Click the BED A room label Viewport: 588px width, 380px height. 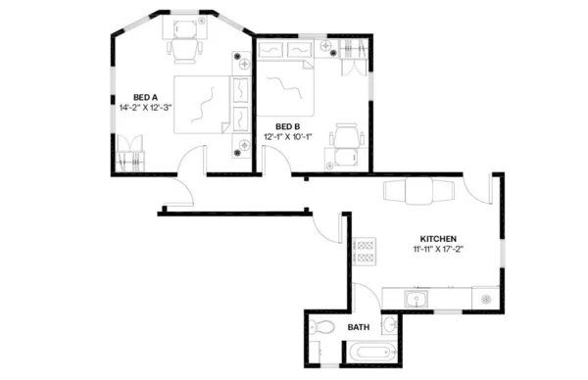pos(146,97)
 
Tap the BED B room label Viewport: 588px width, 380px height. pos(288,126)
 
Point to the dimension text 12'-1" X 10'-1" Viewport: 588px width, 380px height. pos(288,137)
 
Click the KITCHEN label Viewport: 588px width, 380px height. pos(437,238)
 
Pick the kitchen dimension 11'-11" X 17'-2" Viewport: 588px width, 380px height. pos(437,249)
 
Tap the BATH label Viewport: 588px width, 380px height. pos(359,327)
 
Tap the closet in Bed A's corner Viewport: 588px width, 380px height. pos(129,155)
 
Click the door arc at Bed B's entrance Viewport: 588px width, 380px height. pos(278,162)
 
